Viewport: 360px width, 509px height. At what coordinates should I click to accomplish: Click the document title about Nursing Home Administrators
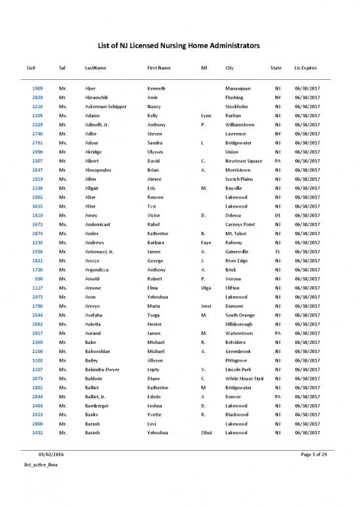click(180, 46)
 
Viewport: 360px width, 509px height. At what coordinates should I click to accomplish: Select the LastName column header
click(96, 68)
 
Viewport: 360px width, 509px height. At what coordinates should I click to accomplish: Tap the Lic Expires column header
click(307, 68)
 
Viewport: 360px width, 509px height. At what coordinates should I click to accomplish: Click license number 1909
click(37, 88)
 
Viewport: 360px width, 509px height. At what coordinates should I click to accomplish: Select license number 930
click(39, 278)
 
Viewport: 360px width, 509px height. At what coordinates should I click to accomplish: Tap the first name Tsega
click(156, 314)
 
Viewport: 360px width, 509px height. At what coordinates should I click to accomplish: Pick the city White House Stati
click(244, 378)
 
